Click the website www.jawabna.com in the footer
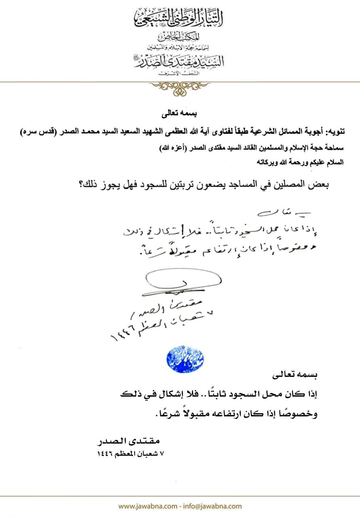tap(147, 506)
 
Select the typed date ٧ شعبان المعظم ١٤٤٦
tap(131, 453)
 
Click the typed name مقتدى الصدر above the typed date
tap(129, 441)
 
